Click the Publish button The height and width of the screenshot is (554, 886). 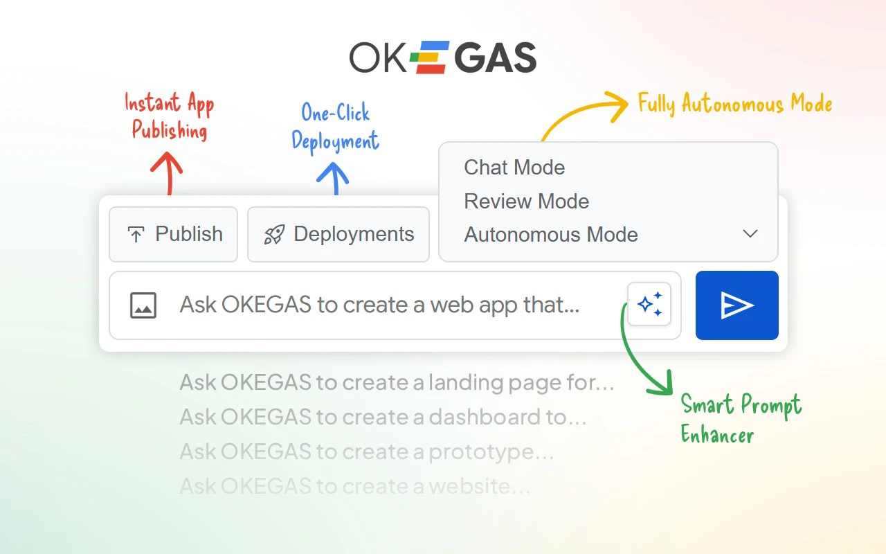coord(174,234)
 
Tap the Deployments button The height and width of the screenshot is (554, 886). coord(338,234)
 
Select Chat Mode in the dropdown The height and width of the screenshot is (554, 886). coord(514,168)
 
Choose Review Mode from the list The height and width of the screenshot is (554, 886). coord(526,202)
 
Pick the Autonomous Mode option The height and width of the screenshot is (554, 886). coord(550,235)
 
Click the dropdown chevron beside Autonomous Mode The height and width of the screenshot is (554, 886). coord(750,234)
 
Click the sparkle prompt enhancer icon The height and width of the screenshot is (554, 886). coord(649,304)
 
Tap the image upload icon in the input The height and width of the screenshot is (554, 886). coord(143,305)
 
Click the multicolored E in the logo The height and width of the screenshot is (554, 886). coord(430,57)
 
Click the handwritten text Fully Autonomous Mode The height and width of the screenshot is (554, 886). coord(734,104)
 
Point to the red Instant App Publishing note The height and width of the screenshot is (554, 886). coord(170,116)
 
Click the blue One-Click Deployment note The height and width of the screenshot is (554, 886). coord(336,127)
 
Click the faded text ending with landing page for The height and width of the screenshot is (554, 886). coord(397,382)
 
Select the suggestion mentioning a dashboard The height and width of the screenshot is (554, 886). coord(383,417)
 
